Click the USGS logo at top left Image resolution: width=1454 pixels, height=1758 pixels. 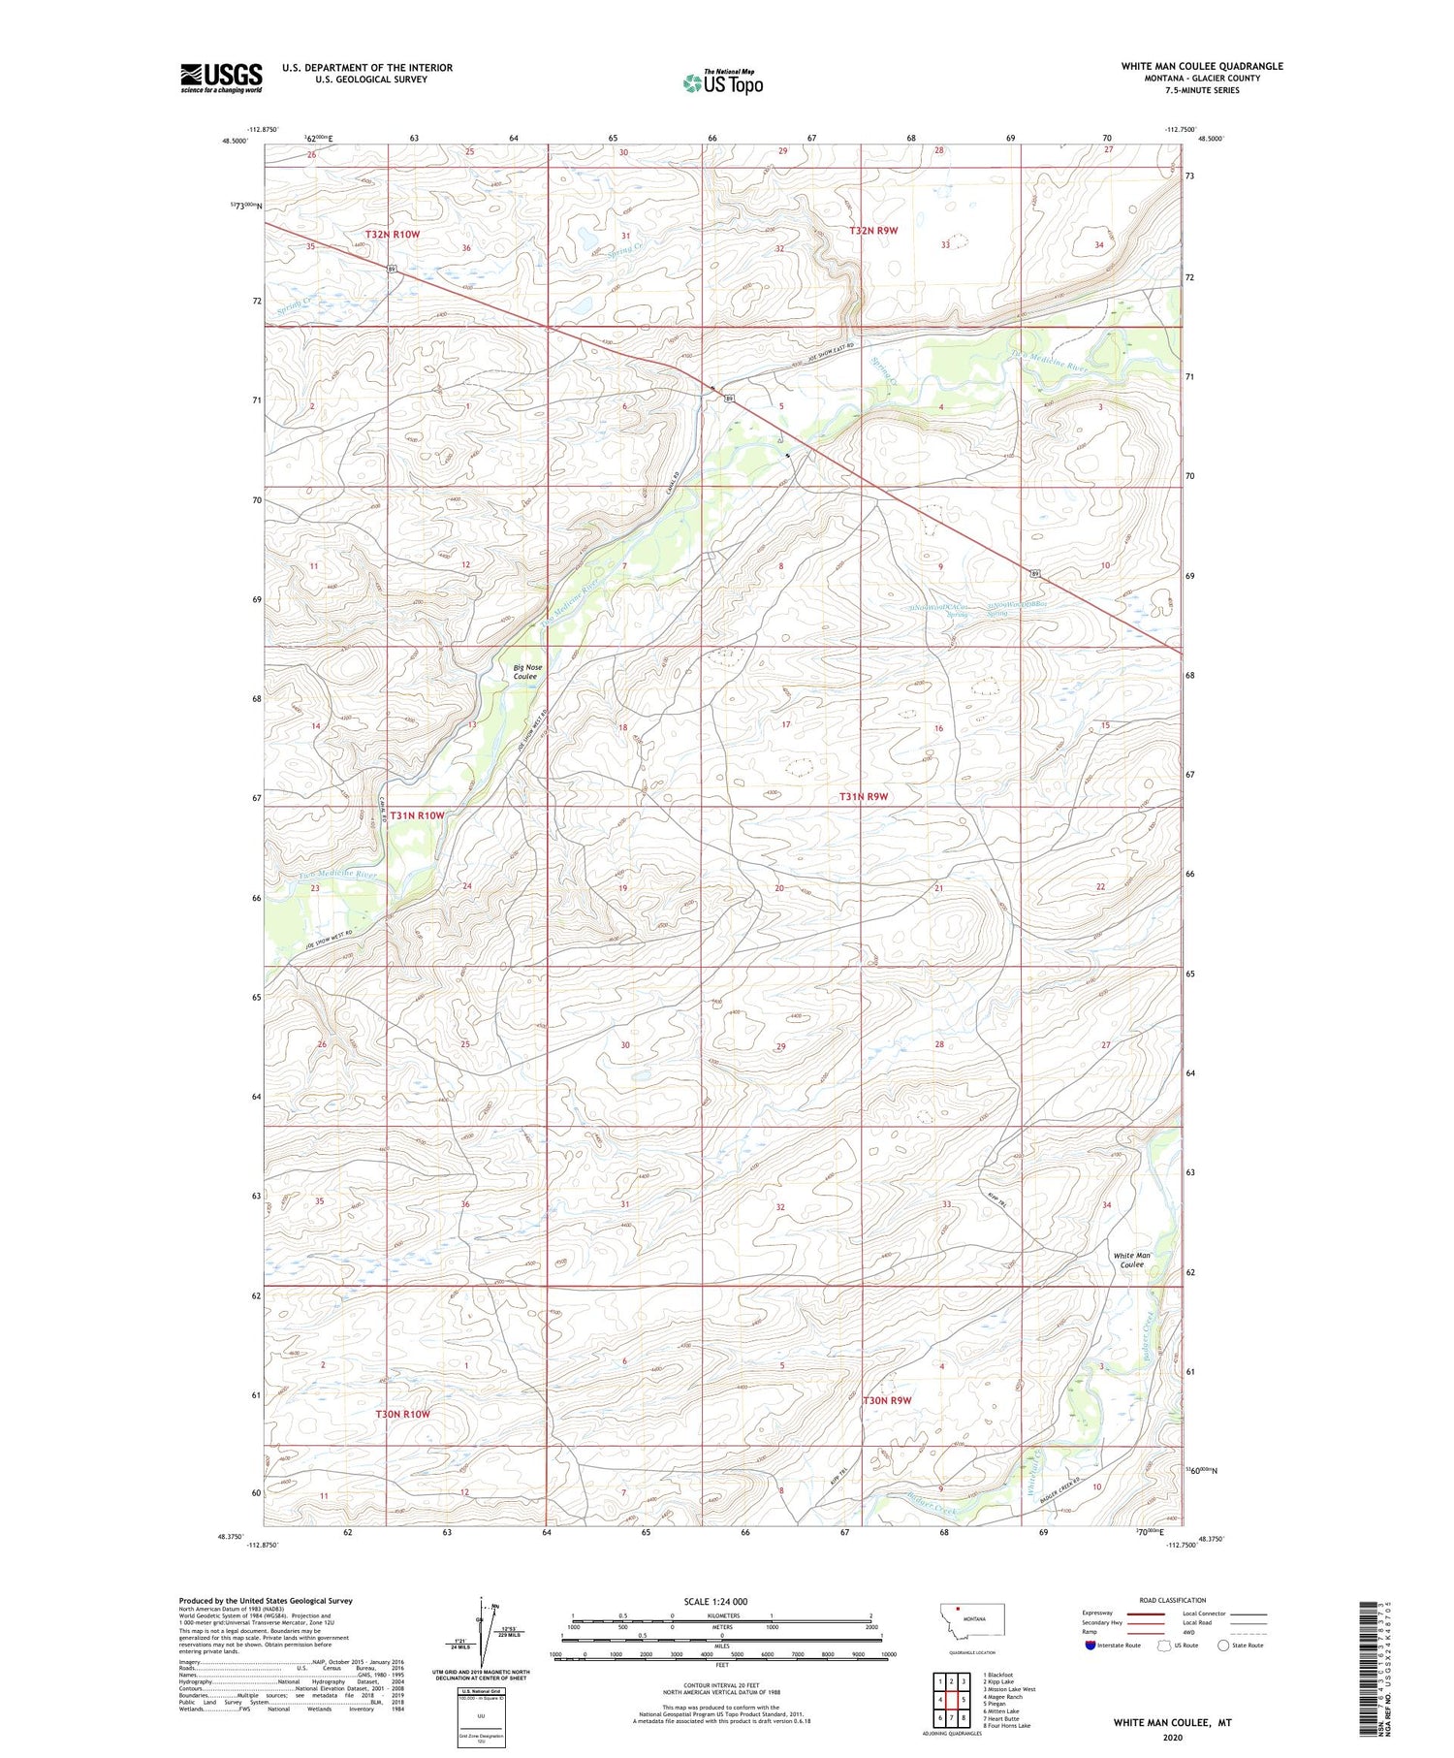(x=221, y=78)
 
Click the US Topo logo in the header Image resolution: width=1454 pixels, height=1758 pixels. (x=723, y=83)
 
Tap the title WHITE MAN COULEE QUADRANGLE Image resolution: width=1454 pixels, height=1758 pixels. (x=1202, y=66)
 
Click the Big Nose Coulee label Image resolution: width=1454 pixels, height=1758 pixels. (x=528, y=672)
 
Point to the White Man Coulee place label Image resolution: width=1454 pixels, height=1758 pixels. (x=1130, y=1260)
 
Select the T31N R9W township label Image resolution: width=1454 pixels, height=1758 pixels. (x=864, y=796)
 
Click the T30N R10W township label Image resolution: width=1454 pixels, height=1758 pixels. (x=402, y=1414)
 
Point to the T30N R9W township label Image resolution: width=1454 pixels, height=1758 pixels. (x=887, y=1400)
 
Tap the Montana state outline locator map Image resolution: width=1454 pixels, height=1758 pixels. (x=972, y=1618)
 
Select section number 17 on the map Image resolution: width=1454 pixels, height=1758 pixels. (x=786, y=724)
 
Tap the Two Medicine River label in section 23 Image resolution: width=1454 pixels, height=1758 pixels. (x=336, y=875)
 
